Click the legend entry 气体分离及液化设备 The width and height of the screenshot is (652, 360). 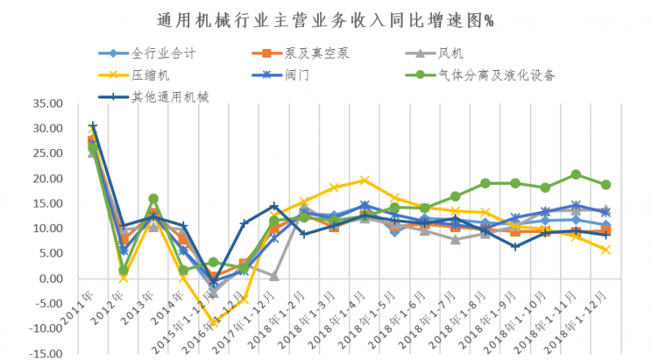point(496,76)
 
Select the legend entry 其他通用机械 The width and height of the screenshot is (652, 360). point(171,97)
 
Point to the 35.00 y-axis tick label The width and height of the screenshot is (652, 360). point(46,103)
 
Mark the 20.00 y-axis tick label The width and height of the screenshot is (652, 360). point(46,178)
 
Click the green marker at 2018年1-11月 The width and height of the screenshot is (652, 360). point(575,174)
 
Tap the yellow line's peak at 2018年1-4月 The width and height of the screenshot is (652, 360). point(364,180)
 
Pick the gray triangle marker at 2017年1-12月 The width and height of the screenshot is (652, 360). point(274,276)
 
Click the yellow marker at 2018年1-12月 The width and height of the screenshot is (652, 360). point(606,249)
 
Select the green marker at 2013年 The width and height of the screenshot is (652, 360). point(153,198)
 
